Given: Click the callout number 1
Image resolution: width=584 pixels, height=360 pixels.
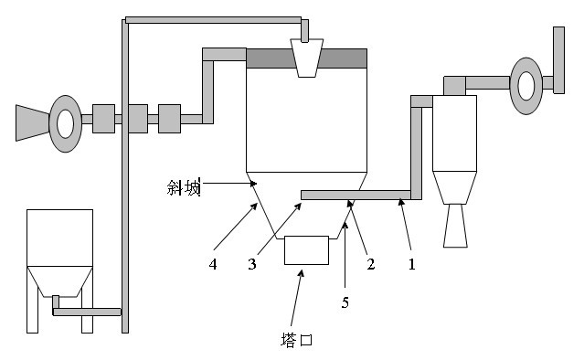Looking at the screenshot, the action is click(x=411, y=264).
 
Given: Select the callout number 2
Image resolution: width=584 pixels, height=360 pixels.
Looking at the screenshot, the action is click(x=370, y=264).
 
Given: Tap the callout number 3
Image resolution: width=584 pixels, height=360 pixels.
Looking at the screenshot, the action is click(x=252, y=264).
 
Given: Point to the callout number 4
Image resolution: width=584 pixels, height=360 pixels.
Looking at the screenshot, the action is click(x=213, y=264).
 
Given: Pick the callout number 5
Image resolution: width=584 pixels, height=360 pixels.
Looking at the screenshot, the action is click(x=345, y=302).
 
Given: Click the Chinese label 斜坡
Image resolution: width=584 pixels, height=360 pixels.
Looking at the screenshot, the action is click(x=184, y=187).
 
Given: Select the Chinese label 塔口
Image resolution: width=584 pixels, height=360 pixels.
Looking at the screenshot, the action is click(x=296, y=340).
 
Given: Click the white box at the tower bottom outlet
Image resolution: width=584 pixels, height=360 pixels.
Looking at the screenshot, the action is click(x=306, y=250).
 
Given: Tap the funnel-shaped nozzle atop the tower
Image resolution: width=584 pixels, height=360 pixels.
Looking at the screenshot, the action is click(x=306, y=58).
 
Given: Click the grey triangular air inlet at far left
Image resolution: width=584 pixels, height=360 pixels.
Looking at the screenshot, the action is click(x=32, y=123).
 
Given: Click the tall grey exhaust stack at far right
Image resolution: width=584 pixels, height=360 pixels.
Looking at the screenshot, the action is click(x=558, y=60).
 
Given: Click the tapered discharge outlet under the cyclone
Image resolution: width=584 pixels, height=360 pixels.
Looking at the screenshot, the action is click(x=455, y=226).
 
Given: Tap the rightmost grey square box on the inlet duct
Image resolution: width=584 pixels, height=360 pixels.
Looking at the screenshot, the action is click(x=169, y=119).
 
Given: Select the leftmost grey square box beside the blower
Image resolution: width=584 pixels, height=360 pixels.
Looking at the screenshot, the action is click(x=103, y=119).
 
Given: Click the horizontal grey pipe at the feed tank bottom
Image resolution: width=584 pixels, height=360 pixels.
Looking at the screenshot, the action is click(x=87, y=312).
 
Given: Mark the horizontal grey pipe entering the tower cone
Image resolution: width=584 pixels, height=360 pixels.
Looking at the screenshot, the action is click(x=356, y=196).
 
